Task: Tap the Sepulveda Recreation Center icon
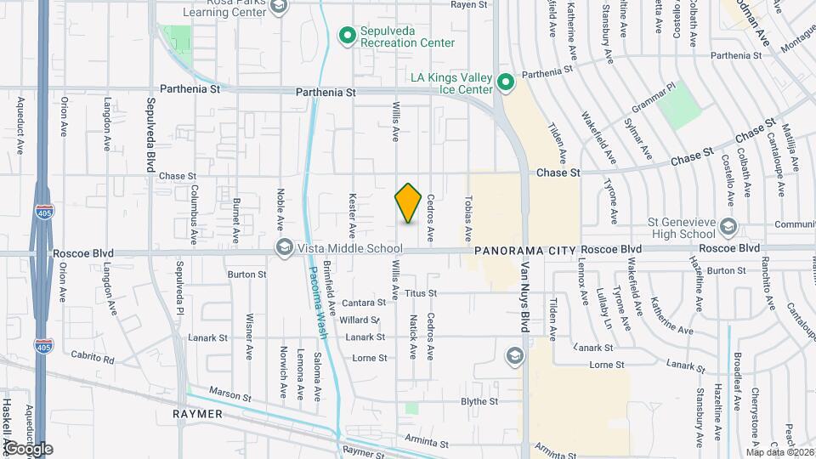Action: [347, 35]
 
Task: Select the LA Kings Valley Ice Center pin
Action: [505, 82]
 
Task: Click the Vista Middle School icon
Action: [283, 247]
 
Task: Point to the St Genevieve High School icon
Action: [728, 226]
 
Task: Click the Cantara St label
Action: [364, 303]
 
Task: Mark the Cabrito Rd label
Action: [93, 359]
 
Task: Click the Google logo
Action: [28, 449]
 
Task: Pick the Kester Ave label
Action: [352, 214]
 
